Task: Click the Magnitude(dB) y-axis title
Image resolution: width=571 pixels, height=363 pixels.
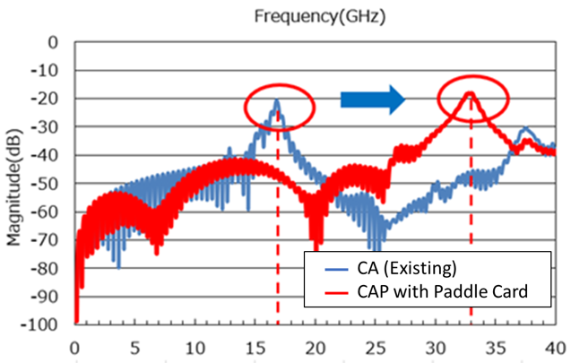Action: pyautogui.click(x=15, y=183)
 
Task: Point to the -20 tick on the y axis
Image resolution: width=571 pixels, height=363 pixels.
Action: pyautogui.click(x=53, y=99)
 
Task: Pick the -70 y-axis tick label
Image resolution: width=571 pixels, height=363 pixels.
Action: pyautogui.click(x=53, y=240)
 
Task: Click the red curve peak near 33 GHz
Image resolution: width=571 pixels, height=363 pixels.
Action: pyautogui.click(x=471, y=92)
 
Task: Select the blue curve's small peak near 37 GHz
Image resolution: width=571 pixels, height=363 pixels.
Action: pyautogui.click(x=527, y=129)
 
